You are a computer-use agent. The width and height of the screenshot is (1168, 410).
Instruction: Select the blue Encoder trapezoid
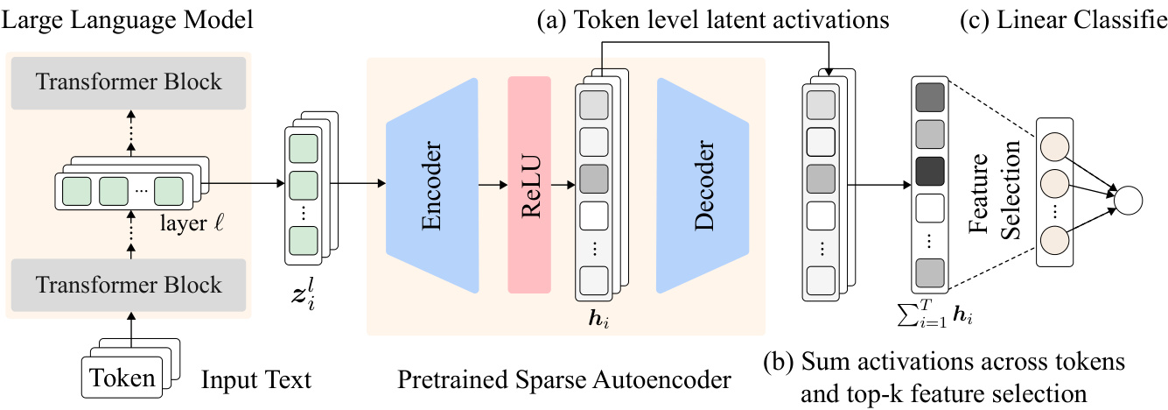433,185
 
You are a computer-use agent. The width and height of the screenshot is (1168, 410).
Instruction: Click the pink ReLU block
529,185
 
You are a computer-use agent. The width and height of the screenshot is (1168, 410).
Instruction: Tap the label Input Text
255,381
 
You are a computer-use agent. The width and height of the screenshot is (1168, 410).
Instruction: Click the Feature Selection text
997,186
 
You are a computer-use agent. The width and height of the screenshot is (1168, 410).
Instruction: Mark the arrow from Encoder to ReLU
492,185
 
